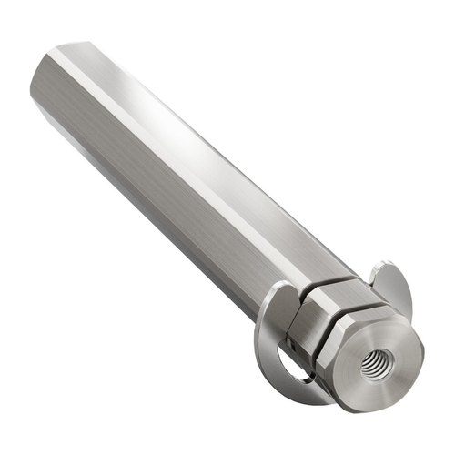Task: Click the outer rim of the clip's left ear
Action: (x=258, y=328)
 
